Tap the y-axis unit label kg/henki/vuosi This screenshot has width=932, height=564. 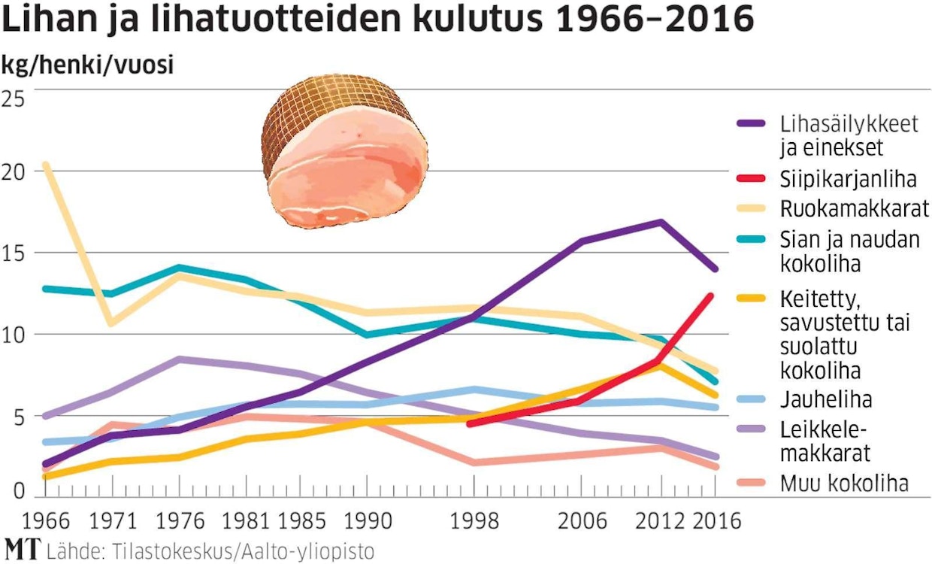(87, 65)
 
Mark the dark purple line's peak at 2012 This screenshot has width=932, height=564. (660, 222)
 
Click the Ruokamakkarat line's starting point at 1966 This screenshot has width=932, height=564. (46, 165)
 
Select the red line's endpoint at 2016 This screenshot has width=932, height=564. (710, 295)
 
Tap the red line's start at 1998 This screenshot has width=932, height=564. (470, 424)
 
